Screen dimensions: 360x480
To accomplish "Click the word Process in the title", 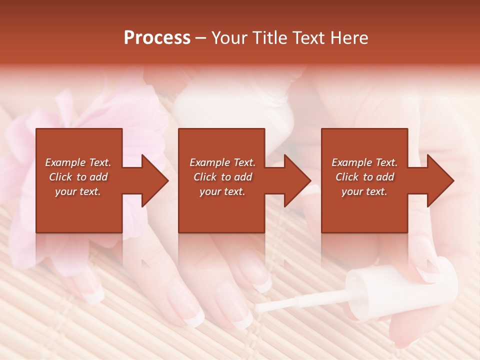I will point(157,38).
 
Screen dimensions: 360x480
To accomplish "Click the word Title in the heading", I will point(268,38).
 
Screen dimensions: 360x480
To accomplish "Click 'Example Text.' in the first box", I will point(78,162).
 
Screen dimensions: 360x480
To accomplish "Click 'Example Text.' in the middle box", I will point(222,162).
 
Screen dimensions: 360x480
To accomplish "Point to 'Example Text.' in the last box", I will point(364,162).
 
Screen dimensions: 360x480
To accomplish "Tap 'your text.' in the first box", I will point(78,191).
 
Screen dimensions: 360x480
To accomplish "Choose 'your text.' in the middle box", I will point(222,191).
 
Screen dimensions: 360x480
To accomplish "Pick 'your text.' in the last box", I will point(364,191).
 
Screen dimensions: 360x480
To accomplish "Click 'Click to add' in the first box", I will point(78,177).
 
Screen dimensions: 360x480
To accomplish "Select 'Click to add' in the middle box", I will point(222,177).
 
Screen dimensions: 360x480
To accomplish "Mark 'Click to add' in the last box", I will point(364,177).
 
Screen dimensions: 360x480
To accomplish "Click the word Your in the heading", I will point(228,38).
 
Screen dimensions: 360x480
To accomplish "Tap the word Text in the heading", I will point(309,38).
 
